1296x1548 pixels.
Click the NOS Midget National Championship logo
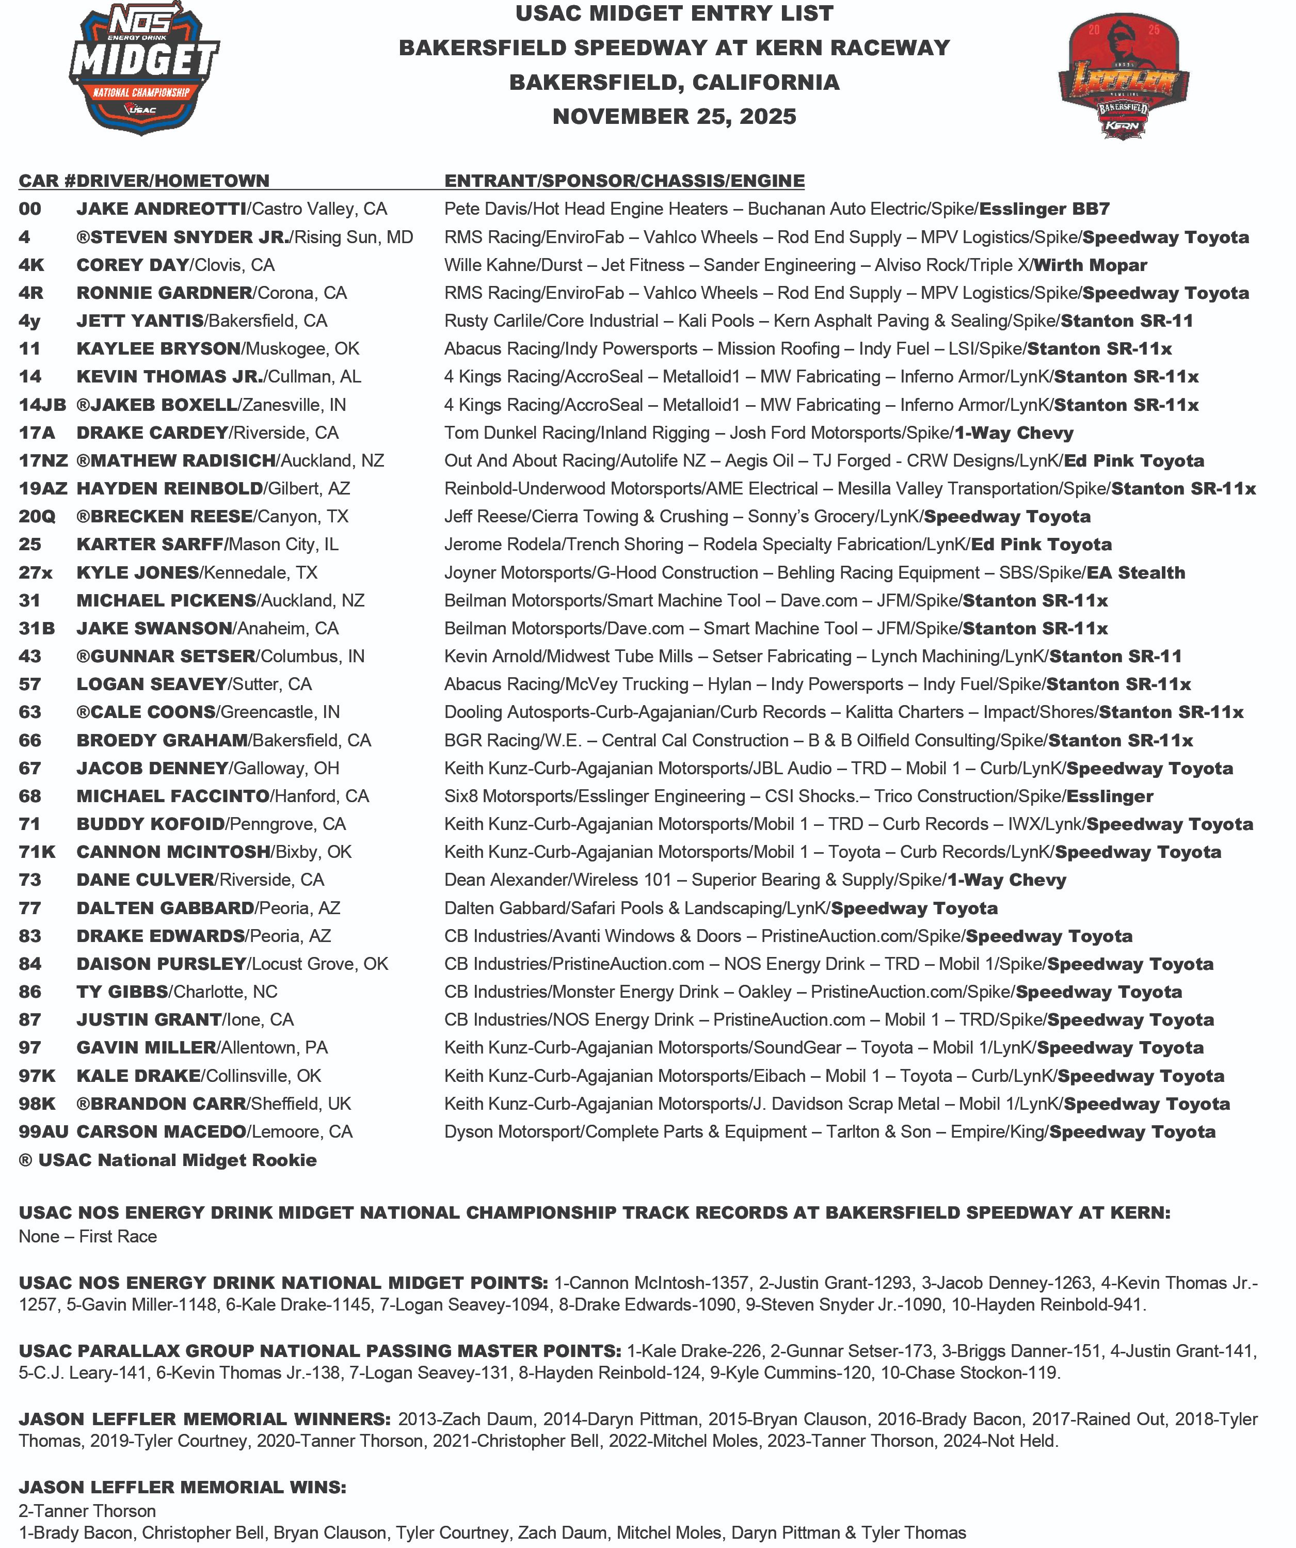(145, 70)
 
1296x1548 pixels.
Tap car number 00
(30, 210)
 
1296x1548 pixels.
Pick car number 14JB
(42, 405)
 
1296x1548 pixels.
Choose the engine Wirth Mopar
(1090, 265)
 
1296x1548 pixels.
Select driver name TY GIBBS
(122, 992)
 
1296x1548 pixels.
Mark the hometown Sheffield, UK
(301, 1104)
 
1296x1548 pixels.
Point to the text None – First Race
(88, 1236)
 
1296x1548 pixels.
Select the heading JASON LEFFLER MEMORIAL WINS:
(182, 1487)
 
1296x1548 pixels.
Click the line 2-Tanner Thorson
(87, 1511)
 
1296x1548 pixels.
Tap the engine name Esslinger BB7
(1044, 210)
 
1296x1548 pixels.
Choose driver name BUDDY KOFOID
(150, 824)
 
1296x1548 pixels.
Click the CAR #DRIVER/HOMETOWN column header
(144, 181)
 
